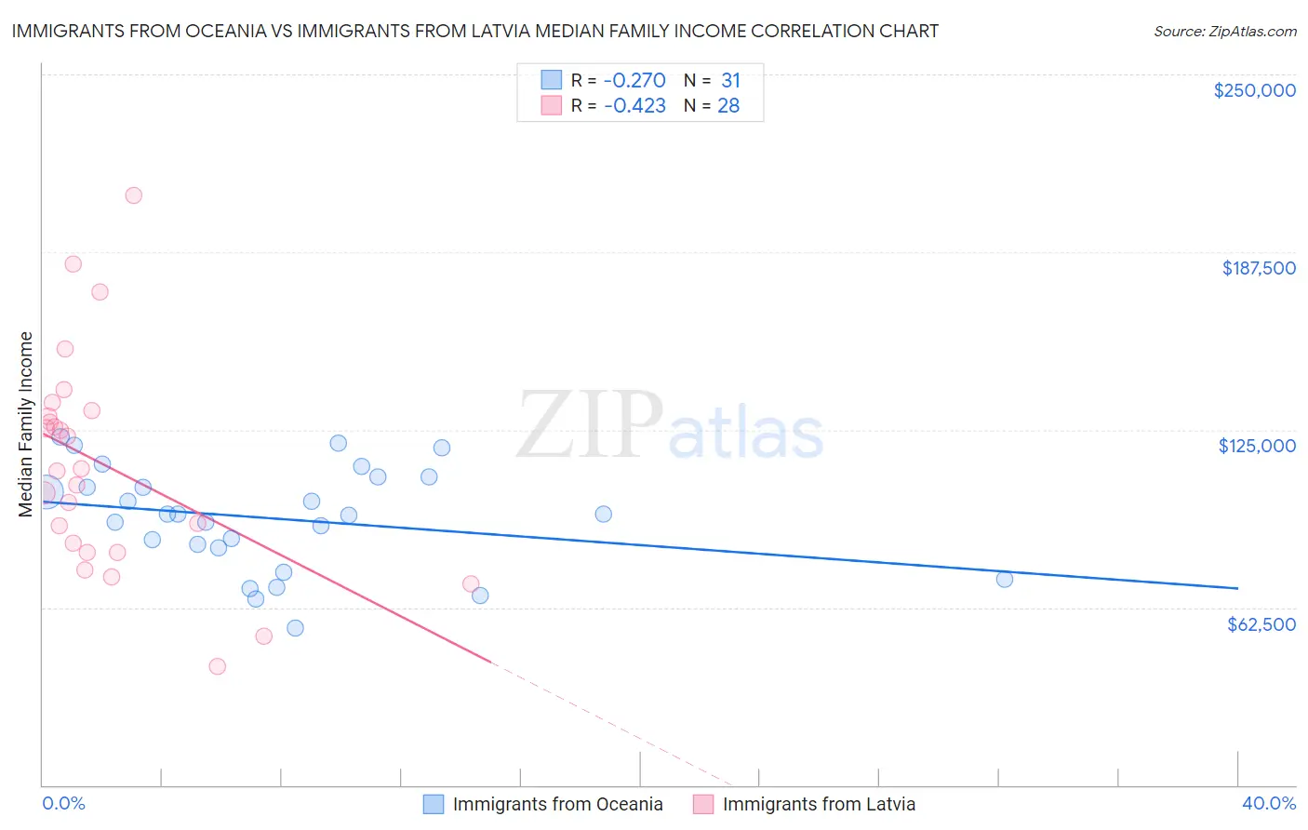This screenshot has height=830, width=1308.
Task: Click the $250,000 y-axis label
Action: click(x=1254, y=90)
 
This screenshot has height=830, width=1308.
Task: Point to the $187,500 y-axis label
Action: click(x=1258, y=268)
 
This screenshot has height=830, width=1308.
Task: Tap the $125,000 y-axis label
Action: click(x=1257, y=446)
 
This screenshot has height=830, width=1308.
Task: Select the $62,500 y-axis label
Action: click(x=1261, y=624)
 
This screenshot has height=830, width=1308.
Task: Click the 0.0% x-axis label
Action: click(x=63, y=803)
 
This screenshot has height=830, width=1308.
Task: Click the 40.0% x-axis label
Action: click(x=1268, y=803)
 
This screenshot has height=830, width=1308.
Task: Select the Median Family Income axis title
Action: click(x=26, y=423)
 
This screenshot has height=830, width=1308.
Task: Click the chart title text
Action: click(x=474, y=31)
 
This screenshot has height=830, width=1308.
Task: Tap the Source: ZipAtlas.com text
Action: click(x=1224, y=32)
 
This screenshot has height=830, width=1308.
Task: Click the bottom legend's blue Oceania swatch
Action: click(x=434, y=804)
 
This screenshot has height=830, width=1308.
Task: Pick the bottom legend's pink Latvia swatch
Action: click(x=703, y=804)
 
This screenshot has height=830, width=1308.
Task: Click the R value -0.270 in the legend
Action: click(x=634, y=81)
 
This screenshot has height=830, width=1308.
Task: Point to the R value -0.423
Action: click(x=634, y=106)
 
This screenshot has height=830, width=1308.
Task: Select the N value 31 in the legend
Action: click(x=730, y=81)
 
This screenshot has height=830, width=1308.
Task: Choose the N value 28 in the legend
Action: click(x=728, y=106)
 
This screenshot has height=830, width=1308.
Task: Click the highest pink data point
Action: click(x=134, y=195)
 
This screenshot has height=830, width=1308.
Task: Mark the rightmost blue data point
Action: click(x=1005, y=579)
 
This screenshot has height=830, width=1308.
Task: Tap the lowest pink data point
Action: click(x=218, y=666)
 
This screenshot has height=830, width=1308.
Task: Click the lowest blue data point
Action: click(x=295, y=628)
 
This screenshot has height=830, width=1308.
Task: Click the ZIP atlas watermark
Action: click(x=670, y=426)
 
